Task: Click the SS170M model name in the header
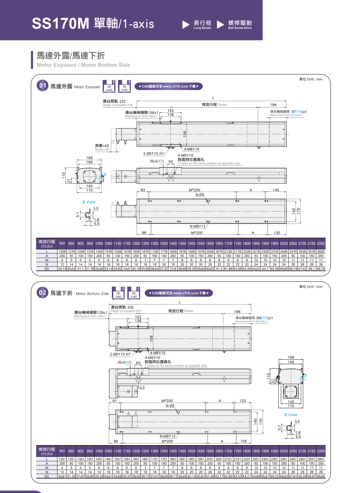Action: pos(61,23)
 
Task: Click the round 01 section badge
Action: pos(43,85)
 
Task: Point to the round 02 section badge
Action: pos(42,293)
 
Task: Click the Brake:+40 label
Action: pos(102,149)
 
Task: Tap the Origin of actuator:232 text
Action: pos(117,105)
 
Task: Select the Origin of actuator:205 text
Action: pos(126,311)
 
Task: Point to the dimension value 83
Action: pos(143,190)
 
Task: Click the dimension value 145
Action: pos(276,190)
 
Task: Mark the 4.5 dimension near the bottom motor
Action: pos(142,388)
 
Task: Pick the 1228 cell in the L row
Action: pos(62,251)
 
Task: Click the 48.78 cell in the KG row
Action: pos(321,269)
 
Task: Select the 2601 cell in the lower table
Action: pos(321,459)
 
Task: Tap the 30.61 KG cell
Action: pos(62,476)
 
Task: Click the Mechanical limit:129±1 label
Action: pos(90,316)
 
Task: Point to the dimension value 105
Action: pos(244,441)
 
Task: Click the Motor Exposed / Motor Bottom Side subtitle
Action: pos(83,65)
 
